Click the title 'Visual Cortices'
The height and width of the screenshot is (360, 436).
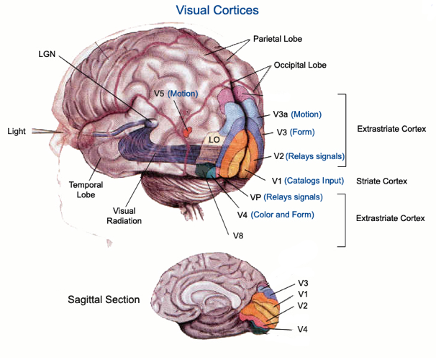click(x=217, y=11)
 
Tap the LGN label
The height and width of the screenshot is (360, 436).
click(x=48, y=53)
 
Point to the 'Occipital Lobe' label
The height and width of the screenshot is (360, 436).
click(x=300, y=65)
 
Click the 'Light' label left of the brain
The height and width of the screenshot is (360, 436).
click(x=17, y=131)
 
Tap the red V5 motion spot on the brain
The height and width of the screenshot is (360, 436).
click(x=189, y=132)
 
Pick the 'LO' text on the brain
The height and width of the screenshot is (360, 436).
click(x=214, y=139)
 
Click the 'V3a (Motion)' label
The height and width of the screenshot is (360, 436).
click(x=297, y=114)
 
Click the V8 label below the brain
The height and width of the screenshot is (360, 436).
click(x=238, y=235)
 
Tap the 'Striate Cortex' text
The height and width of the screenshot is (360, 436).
click(x=381, y=181)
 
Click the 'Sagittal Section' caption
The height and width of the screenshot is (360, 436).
click(x=104, y=300)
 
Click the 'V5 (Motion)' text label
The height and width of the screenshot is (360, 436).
click(x=176, y=94)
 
